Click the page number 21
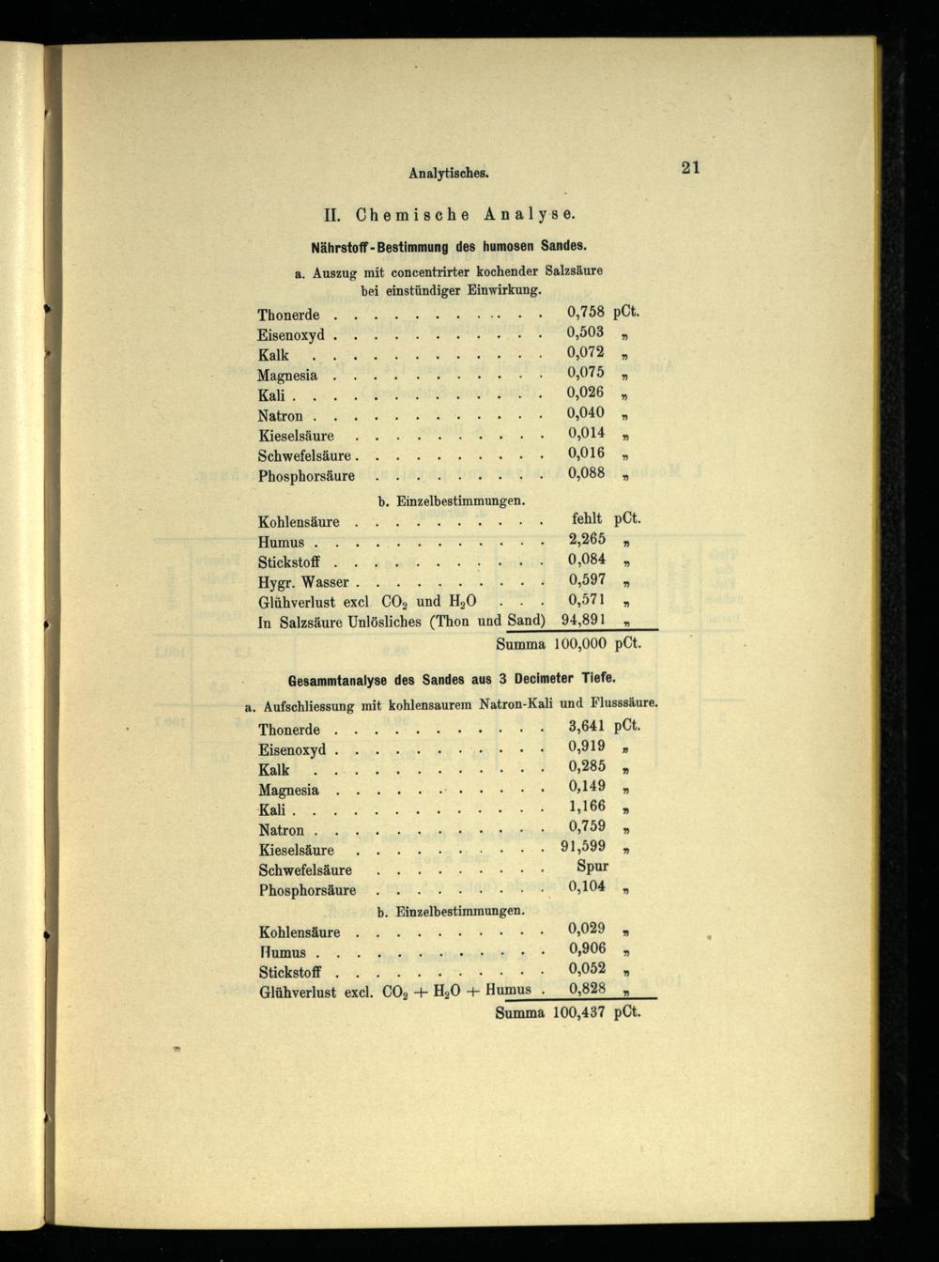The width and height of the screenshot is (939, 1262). pyautogui.click(x=690, y=168)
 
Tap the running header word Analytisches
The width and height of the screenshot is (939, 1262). pyautogui.click(x=451, y=173)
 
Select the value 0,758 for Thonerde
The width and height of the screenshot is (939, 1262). pyautogui.click(x=586, y=312)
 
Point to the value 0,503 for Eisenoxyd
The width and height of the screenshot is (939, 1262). pyautogui.click(x=586, y=332)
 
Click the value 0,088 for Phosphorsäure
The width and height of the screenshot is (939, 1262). pyautogui.click(x=586, y=474)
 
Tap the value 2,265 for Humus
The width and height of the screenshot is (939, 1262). pyautogui.click(x=587, y=539)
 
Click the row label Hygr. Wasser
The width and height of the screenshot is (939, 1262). pyautogui.click(x=303, y=582)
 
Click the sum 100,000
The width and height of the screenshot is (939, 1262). pyautogui.click(x=578, y=645)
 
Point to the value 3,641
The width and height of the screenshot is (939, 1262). pyautogui.click(x=587, y=726)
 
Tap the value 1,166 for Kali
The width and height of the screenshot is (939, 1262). pyautogui.click(x=587, y=807)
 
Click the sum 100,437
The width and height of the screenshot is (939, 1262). pyautogui.click(x=578, y=1013)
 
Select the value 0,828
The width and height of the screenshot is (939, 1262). pyautogui.click(x=587, y=989)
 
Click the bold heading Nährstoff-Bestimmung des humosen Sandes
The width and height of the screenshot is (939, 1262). pyautogui.click(x=448, y=247)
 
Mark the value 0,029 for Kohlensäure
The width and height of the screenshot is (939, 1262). pyautogui.click(x=587, y=929)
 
